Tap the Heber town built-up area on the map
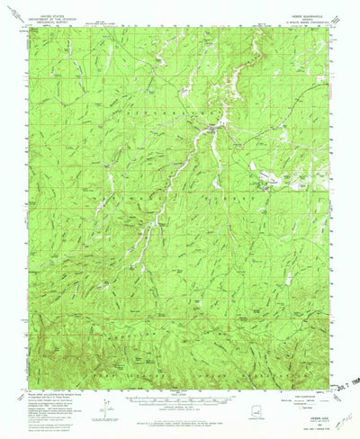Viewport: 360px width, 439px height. point(212,133)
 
